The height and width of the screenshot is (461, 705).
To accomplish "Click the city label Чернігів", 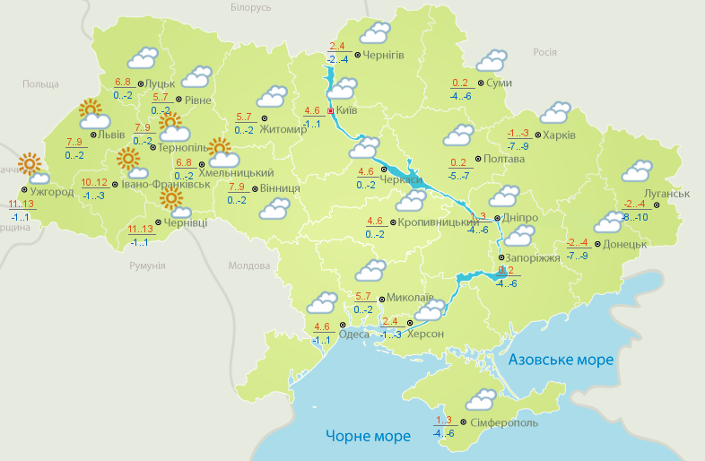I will (385, 56).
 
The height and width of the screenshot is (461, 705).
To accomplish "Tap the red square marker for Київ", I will (331, 111).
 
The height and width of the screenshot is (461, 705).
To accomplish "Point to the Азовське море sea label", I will (561, 360).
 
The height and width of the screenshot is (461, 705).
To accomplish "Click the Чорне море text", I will (368, 436).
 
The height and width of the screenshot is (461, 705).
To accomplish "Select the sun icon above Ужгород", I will (32, 165).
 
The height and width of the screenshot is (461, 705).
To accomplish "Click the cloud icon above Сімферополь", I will (483, 397).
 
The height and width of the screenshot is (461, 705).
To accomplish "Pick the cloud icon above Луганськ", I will (637, 170).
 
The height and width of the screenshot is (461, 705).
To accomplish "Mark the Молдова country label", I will (249, 266).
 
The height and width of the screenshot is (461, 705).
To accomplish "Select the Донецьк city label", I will (624, 244).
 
